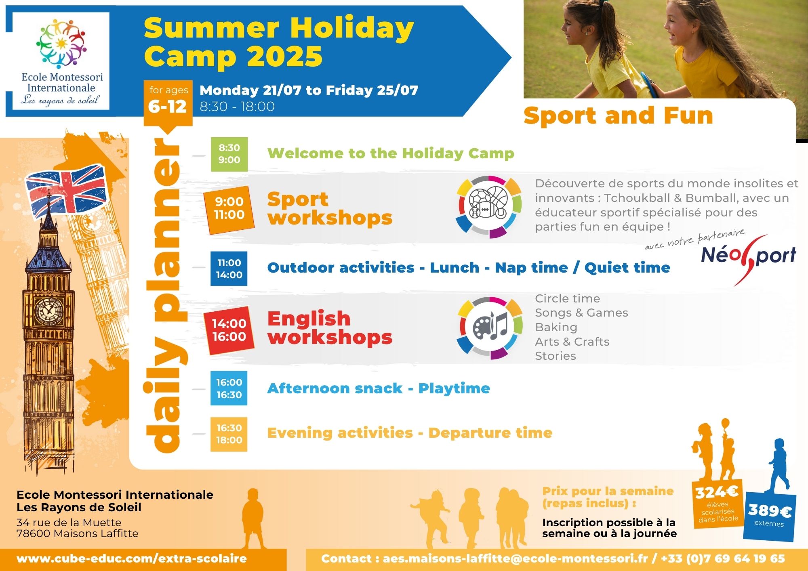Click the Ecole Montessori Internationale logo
point(61,61)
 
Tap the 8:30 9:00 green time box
point(229,154)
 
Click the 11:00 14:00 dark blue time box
point(229,269)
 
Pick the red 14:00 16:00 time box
point(229,330)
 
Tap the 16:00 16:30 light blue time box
point(229,388)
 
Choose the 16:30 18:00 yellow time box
point(229,434)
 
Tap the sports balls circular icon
point(488,207)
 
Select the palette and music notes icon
point(489,327)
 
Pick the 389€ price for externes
point(770,511)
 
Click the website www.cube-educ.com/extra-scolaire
point(132,559)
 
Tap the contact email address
point(516,559)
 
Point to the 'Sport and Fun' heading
point(618,115)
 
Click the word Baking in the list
point(556,327)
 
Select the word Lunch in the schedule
point(455,268)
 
